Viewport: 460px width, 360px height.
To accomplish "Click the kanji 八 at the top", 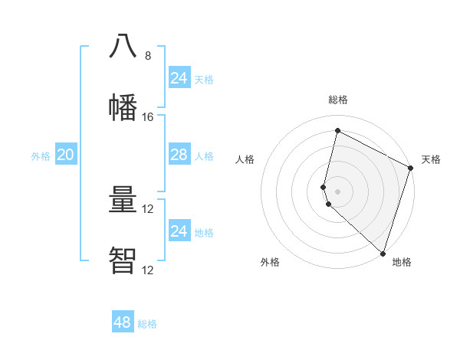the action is [123, 46].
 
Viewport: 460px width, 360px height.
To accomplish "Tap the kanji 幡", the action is [123, 106].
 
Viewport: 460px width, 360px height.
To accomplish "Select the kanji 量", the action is [123, 200].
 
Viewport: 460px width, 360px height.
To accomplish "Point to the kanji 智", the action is [123, 260].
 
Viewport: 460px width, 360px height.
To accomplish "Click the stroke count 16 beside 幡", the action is [148, 117].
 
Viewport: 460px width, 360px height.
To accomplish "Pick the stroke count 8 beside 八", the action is [148, 56].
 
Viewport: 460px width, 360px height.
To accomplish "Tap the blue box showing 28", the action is [179, 155].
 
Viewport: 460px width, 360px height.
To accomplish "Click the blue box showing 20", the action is [65, 155].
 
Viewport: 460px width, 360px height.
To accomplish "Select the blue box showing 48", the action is [122, 322].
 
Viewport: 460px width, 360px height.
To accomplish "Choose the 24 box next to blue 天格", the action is [179, 77].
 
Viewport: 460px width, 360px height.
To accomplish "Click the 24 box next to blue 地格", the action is [179, 231].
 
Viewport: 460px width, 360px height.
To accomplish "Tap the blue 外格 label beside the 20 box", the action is [41, 156].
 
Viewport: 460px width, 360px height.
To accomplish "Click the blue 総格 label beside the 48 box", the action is [147, 324].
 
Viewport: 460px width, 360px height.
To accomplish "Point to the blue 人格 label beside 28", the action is [204, 156].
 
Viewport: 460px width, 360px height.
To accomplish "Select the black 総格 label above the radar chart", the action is [337, 100].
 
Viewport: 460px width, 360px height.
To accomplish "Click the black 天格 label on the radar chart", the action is [431, 159].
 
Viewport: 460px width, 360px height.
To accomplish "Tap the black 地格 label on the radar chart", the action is [402, 262].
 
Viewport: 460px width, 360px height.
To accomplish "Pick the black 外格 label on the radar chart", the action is [270, 262].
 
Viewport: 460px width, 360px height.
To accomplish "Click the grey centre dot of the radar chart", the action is [337, 191].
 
